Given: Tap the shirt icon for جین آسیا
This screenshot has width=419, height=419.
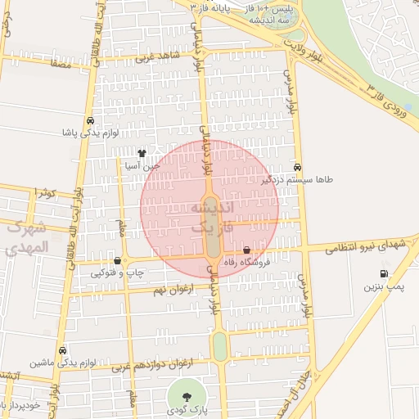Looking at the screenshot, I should click(x=142, y=152).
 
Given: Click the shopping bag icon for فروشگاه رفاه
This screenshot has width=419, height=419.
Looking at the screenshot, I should click(x=247, y=250).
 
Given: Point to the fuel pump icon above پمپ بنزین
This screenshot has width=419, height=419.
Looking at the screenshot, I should click(x=383, y=274).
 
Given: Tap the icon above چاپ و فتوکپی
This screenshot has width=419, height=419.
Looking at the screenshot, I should click(x=119, y=261).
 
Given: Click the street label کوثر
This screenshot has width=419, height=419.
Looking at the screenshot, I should click(x=45, y=193).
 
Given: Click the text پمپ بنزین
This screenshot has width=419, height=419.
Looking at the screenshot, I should click(x=384, y=288).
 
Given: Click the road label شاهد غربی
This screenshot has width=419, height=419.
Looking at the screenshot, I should click(x=155, y=57).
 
